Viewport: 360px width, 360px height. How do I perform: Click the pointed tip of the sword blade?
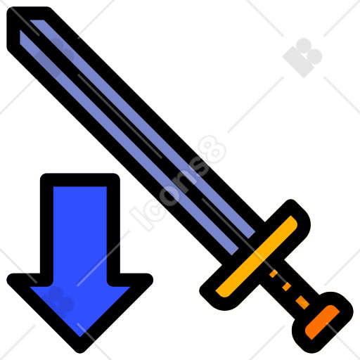[9, 11]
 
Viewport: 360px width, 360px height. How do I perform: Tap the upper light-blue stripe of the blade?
[143, 129]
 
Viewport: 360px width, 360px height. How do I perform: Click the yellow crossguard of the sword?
[257, 257]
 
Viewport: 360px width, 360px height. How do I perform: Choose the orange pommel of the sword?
[322, 322]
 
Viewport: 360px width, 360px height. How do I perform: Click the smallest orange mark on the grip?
[274, 274]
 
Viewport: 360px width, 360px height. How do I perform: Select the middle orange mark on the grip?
[286, 287]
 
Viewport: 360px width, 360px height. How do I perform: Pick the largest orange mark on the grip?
[302, 302]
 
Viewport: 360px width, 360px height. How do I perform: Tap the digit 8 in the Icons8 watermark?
[212, 150]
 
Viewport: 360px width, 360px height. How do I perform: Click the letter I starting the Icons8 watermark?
[141, 219]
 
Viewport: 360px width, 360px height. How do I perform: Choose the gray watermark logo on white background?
[302, 58]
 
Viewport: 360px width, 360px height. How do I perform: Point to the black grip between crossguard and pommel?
[290, 290]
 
